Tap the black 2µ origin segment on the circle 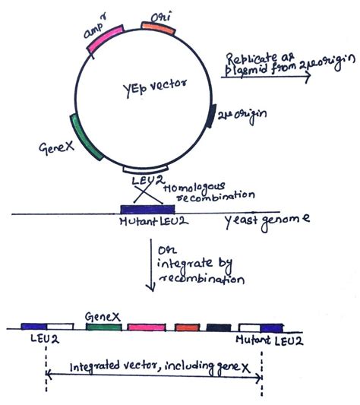(x=213, y=115)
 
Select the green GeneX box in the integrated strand (x=105, y=327)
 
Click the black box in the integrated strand (x=219, y=327)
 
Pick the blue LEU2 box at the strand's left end (x=34, y=327)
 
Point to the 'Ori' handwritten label (x=160, y=14)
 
